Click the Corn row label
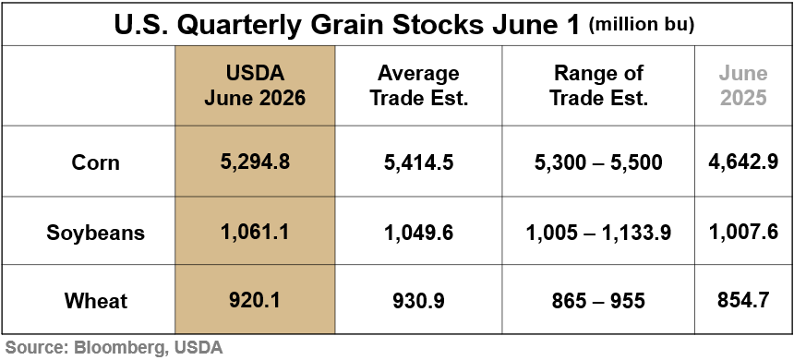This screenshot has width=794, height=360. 96,162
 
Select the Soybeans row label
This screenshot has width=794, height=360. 96,233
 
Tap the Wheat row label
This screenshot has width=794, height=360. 96,301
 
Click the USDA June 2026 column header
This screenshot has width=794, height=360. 255,86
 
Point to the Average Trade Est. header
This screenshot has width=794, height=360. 419,86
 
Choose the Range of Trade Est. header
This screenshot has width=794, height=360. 598,86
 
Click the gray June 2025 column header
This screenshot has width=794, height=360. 743,86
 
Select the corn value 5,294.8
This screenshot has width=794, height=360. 255,162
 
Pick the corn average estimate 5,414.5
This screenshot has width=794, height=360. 419,162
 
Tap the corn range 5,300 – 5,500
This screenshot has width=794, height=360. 598,162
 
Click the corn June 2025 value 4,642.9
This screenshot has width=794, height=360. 743,162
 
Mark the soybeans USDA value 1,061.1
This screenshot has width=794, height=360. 255,232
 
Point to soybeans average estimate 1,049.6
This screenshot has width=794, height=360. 419,233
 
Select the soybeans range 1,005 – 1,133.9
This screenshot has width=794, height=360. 598,233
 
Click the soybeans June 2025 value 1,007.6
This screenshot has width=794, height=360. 743,232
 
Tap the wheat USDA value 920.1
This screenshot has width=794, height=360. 255,300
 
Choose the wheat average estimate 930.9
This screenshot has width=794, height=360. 419,301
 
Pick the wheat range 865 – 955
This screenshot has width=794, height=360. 598,301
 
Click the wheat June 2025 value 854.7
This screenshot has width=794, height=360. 743,300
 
